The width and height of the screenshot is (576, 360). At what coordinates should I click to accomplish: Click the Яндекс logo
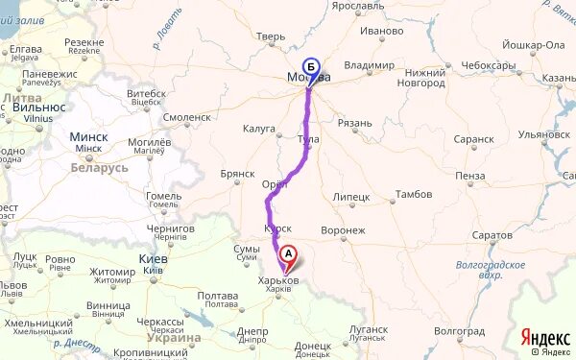pyautogui.click(x=543, y=338)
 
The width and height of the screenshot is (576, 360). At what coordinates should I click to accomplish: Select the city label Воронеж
pyautogui.click(x=344, y=230)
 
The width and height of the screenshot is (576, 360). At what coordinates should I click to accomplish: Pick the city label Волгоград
pyautogui.click(x=459, y=329)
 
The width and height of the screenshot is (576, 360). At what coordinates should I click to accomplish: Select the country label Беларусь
pyautogui.click(x=99, y=168)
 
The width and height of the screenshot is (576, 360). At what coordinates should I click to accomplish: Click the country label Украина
pyautogui.click(x=174, y=338)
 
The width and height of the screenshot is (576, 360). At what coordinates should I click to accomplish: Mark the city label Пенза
pyautogui.click(x=471, y=176)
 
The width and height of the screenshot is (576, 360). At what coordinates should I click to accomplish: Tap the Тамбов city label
pyautogui.click(x=414, y=194)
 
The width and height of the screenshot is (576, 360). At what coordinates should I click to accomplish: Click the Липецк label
pyautogui.click(x=350, y=196)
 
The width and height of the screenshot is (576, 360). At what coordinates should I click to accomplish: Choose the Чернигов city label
pyautogui.click(x=172, y=229)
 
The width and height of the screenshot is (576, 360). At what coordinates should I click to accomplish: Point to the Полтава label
pyautogui.click(x=217, y=296)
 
